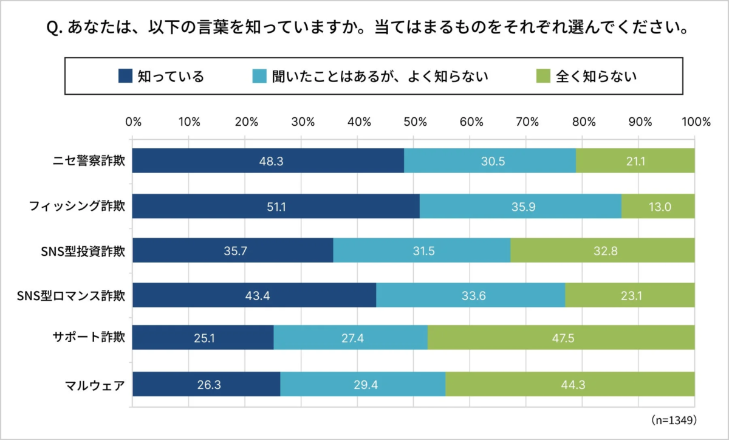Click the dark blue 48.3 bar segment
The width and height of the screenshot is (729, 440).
tap(268, 160)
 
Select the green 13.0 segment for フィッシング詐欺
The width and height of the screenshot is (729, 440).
tap(658, 206)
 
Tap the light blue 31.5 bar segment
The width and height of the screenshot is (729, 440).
tap(422, 250)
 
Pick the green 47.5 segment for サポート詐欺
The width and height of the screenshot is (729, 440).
tap(561, 337)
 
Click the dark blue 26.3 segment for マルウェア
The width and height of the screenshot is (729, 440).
tap(206, 383)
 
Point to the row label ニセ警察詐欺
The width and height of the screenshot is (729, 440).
tap(89, 161)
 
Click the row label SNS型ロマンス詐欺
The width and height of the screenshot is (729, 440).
tap(72, 296)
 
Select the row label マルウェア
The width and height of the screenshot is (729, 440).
tap(95, 383)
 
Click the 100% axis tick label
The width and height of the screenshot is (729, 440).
tap(696, 121)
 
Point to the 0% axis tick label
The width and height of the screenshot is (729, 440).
tap(133, 121)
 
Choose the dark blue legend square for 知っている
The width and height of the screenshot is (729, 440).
tap(125, 76)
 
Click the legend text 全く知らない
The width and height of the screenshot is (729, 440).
tap(597, 76)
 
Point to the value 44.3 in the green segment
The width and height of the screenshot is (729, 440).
tap(570, 383)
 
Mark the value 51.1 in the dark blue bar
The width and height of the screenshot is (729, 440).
tap(276, 207)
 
